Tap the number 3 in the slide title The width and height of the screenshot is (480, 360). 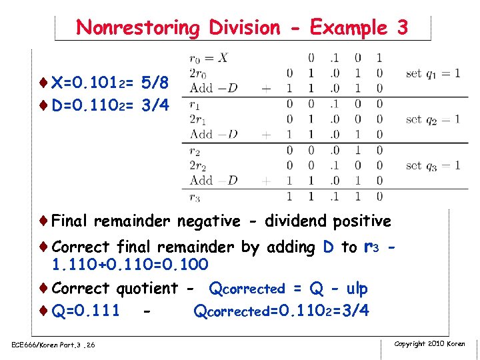(401, 28)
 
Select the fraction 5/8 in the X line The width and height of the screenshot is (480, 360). (155, 83)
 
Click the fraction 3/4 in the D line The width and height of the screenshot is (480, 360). (155, 105)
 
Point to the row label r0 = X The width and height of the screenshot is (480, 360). (209, 58)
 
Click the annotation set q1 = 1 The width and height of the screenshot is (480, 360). (433, 73)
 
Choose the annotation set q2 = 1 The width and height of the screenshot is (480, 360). (433, 119)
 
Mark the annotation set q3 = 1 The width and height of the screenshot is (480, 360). (433, 165)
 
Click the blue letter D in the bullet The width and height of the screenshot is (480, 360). (328, 247)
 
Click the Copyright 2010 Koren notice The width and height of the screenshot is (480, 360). (429, 343)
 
